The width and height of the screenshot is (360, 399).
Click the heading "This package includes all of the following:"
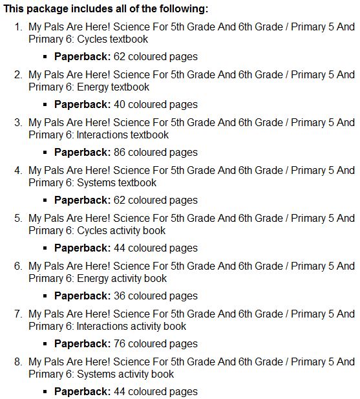[x=106, y=10]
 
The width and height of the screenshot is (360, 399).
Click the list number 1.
[x=17, y=27]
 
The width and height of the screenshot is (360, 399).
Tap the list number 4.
[x=17, y=171]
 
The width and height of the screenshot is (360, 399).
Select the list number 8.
[x=17, y=362]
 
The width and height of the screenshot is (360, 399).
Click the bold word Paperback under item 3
[x=82, y=153]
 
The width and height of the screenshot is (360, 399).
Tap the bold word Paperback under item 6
[x=82, y=296]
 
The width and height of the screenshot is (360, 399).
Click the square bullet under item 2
[x=46, y=105]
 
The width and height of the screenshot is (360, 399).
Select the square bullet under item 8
[x=46, y=392]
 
